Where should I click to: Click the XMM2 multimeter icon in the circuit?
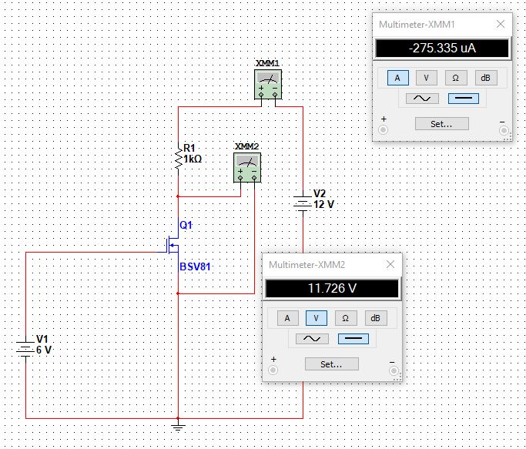click(x=246, y=166)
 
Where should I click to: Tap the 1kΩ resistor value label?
click(x=193, y=159)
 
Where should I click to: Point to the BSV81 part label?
click(x=195, y=266)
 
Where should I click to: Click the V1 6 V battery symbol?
click(x=25, y=348)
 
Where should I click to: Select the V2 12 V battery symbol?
click(x=302, y=204)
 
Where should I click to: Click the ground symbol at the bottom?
click(x=179, y=424)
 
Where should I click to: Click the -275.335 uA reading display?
click(x=442, y=49)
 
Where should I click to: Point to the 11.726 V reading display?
click(x=332, y=289)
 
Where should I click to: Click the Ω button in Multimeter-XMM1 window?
click(x=455, y=78)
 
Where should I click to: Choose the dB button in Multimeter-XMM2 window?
click(x=375, y=318)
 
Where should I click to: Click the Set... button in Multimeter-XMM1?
click(x=441, y=123)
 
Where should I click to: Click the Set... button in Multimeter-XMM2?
click(x=331, y=364)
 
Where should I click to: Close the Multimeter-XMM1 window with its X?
click(x=501, y=24)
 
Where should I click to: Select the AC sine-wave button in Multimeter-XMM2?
click(x=312, y=339)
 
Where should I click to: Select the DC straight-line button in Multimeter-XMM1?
click(x=462, y=99)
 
